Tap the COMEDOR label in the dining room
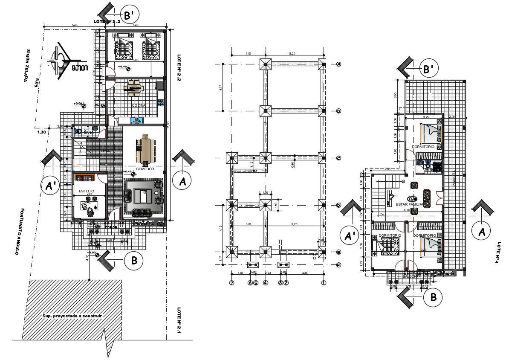pos(145,169)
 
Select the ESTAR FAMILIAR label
pos(409,204)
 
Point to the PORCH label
pos(111,227)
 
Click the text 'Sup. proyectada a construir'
pos(72,316)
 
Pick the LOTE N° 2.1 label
pos(179,321)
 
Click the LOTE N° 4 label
pos(499,253)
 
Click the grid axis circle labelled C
pos(338,158)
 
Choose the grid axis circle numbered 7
pos(232,282)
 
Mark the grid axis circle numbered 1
pos(324,282)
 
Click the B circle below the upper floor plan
pos(433,298)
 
